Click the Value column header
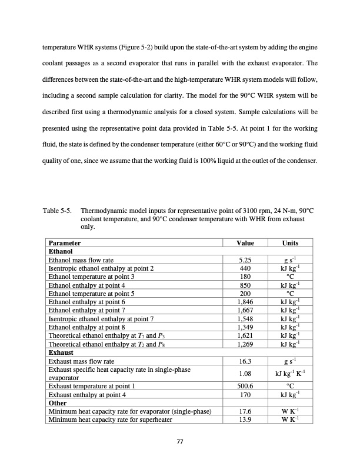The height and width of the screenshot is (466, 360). coord(244,243)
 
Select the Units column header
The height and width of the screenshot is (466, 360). coord(290,243)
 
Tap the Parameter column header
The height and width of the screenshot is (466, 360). coord(65,243)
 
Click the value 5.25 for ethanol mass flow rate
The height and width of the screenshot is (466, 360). coord(244,259)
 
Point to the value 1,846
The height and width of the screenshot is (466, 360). coord(244,301)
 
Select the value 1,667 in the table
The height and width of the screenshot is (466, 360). coord(244,310)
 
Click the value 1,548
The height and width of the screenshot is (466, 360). coord(244,318)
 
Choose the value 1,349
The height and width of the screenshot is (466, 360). coord(244,327)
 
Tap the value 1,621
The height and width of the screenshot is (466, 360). coord(244,335)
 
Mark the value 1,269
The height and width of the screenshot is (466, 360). coord(244,344)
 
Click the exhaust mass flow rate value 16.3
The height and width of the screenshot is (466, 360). coord(244,361)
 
